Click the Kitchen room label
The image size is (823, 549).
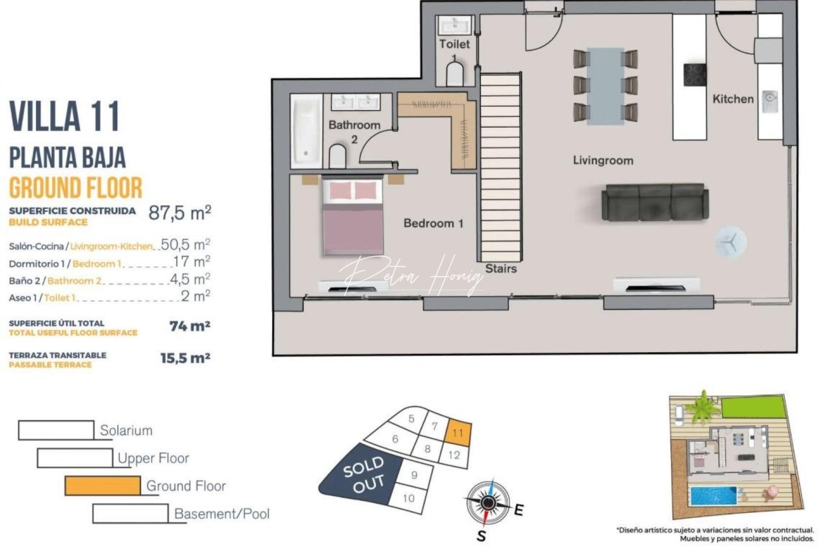click(733, 99)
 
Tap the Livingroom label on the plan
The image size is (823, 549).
click(603, 161)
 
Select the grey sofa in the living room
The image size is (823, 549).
click(655, 203)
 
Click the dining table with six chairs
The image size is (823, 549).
click(605, 86)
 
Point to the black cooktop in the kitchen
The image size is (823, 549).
click(694, 75)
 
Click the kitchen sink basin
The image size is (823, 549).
click(770, 97)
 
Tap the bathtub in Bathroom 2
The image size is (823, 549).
click(306, 132)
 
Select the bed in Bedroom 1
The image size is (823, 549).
click(353, 216)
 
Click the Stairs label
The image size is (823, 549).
click(500, 268)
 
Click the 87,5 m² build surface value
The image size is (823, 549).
click(179, 212)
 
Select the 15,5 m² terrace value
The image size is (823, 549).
click(185, 358)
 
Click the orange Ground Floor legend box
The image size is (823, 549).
click(103, 485)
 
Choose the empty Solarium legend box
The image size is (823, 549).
click(56, 430)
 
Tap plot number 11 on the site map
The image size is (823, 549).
click(458, 433)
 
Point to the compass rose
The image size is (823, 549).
click(488, 503)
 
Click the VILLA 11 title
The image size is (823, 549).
click(65, 116)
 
